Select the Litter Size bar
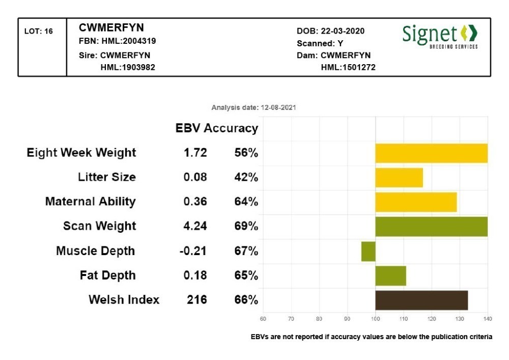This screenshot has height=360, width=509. pos(399,177)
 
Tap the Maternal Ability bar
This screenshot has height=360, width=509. pos(416,202)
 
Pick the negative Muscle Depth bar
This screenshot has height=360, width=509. pos(368,251)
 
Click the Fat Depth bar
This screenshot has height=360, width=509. pos(390,275)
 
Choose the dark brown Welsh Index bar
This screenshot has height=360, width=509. pos(421,300)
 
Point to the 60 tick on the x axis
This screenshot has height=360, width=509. pos(263,319)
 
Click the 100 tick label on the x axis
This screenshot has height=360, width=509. pos(375,319)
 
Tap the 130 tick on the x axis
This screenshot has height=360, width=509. pos(460,319)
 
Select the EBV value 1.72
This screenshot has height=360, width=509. pos(195,153)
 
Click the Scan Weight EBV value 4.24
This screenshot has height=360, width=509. pos(195,226)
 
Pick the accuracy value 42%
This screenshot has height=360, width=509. pos(246,177)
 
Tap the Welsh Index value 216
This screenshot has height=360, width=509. pos(197,300)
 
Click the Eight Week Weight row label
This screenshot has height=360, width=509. pos(81,153)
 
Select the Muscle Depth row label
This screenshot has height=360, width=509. pos(96,251)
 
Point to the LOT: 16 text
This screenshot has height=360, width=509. pos(39,32)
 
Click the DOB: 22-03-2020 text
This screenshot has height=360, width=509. pos(330,31)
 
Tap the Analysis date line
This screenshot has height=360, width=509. pos(254,108)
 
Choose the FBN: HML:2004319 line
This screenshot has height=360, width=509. pos(118,41)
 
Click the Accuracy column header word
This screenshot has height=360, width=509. pos(231,128)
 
